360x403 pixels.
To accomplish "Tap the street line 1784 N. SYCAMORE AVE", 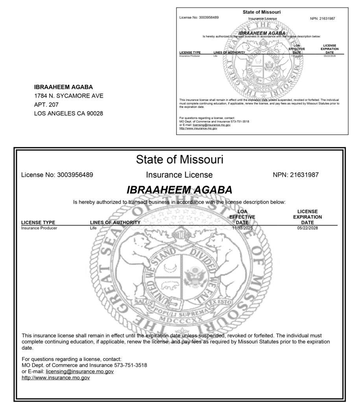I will [69, 96].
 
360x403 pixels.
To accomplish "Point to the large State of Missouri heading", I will [179, 159].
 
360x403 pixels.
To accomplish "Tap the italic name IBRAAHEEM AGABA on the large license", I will [179, 190].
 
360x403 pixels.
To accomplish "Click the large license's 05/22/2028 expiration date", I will [307, 228].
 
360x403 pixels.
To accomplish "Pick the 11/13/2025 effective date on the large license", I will [242, 228].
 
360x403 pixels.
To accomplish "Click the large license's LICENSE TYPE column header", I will [38, 222].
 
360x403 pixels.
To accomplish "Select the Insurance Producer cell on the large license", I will [39, 228].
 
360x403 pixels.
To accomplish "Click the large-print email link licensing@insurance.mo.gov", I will [80, 372].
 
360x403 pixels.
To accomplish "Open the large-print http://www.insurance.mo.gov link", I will [56, 378].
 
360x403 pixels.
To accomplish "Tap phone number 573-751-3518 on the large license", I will [131, 365].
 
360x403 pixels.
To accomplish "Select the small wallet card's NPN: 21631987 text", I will [323, 18].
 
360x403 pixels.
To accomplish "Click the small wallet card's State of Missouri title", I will [262, 12].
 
